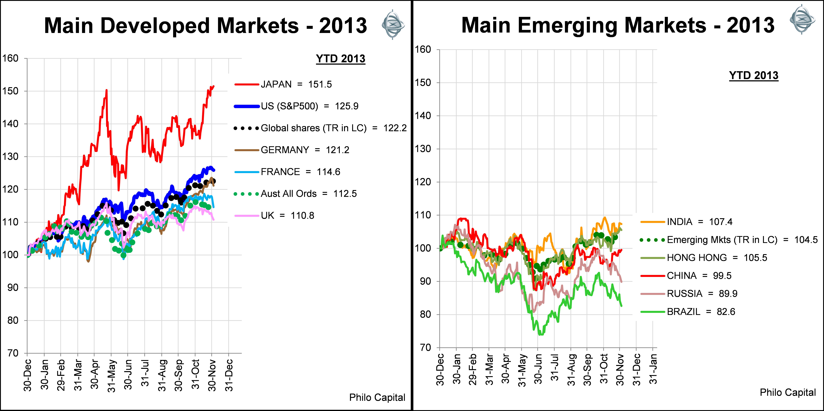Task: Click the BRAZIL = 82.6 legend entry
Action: point(700,311)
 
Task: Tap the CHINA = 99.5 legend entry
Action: point(699,276)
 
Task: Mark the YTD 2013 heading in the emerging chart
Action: point(754,76)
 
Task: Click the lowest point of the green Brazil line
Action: point(541,335)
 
